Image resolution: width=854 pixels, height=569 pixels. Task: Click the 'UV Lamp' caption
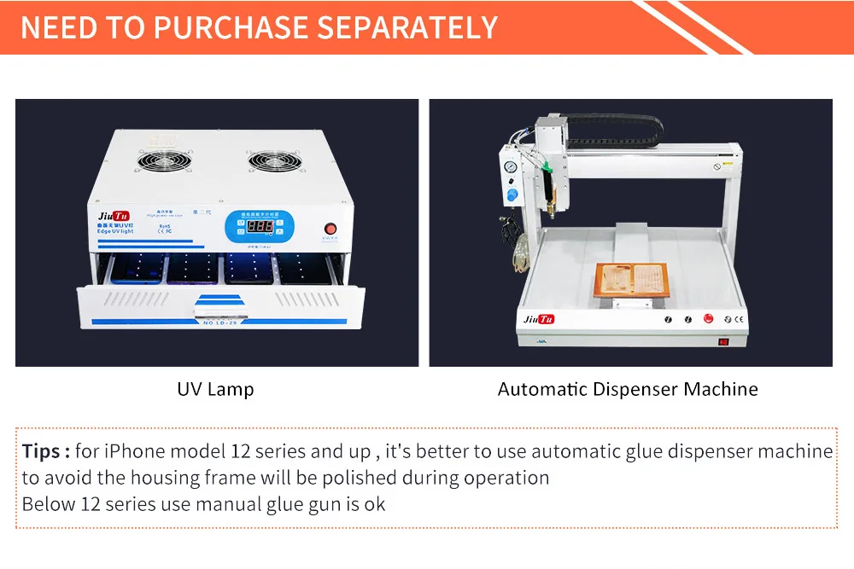point(215,389)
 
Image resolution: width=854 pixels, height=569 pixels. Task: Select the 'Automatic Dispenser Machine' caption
point(628,389)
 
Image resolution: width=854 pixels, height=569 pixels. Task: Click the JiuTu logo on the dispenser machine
point(539,318)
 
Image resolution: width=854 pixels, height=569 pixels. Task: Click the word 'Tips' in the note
point(41,450)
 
